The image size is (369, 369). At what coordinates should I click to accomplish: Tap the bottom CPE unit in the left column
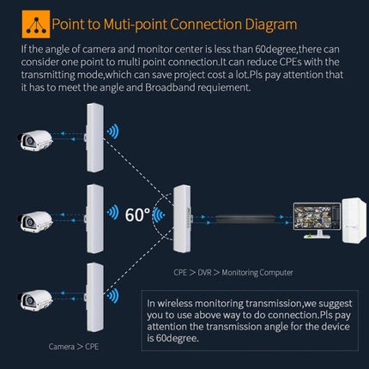click(x=93, y=296)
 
